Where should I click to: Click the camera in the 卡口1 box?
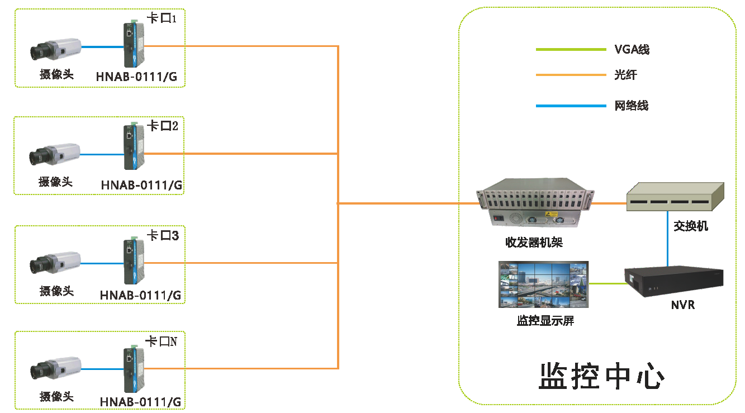(56, 49)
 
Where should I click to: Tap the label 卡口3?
(162, 236)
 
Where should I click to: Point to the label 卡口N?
(161, 341)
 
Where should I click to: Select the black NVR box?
(673, 283)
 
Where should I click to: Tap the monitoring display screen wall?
(543, 284)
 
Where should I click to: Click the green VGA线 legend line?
(571, 50)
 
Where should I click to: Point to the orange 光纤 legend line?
(571, 74)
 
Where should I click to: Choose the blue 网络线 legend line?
(571, 105)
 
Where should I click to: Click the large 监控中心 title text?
(601, 376)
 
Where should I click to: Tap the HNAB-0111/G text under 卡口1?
(137, 77)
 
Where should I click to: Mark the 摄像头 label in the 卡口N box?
(56, 396)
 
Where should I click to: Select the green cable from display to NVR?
(606, 283)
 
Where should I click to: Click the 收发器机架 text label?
(534, 243)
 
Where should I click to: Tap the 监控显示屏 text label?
(545, 321)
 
